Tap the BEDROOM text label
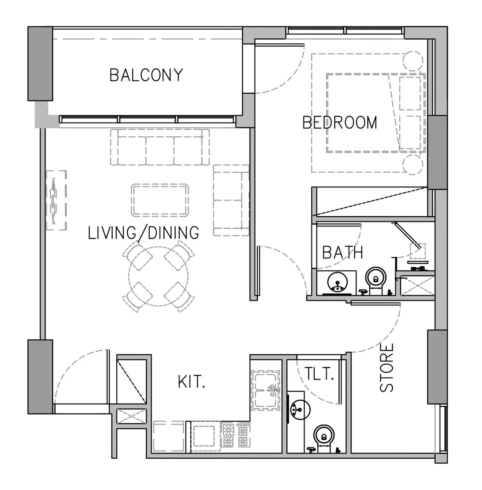[340, 122]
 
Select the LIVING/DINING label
[143, 233]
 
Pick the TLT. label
[319, 373]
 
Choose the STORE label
[387, 368]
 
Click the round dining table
[158, 276]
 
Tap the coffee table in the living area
[160, 200]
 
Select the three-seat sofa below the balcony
[160, 147]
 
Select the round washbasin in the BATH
[338, 282]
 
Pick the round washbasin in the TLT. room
[300, 409]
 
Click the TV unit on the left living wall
[56, 200]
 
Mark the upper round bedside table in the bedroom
[413, 61]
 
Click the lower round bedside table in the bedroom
[413, 165]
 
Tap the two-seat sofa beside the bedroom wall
[231, 200]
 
